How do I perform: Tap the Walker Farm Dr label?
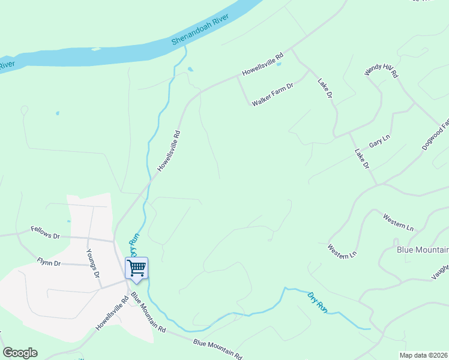[272, 95]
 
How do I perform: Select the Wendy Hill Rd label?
[382, 71]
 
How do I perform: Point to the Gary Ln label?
[379, 141]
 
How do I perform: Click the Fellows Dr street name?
[46, 232]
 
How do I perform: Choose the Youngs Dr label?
[92, 263]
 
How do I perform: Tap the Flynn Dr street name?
[49, 262]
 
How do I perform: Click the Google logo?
[20, 352]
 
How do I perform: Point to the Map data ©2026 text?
[423, 355]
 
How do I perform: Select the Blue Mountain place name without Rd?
[423, 250]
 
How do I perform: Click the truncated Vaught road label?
[440, 272]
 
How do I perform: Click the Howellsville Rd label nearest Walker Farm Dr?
[263, 65]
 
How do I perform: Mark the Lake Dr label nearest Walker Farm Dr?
[325, 88]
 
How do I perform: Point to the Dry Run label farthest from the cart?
[318, 302]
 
